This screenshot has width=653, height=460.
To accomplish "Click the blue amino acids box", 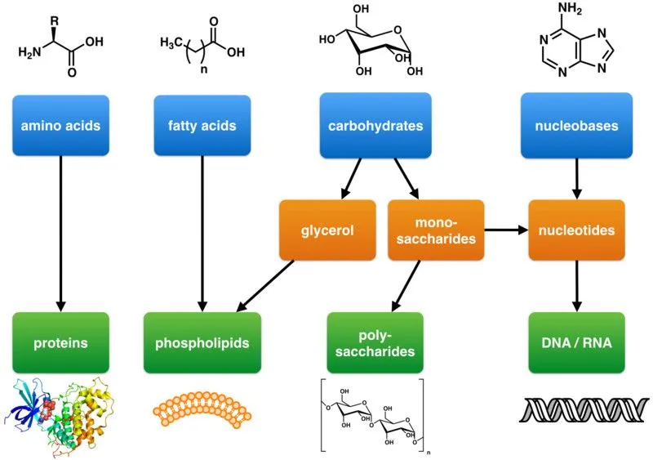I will (x=61, y=126).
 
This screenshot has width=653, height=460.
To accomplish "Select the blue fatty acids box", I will (x=202, y=126).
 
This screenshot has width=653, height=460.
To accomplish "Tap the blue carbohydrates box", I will (x=375, y=126).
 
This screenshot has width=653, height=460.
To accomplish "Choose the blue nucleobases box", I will (x=577, y=126).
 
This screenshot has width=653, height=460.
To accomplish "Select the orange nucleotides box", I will (x=577, y=230).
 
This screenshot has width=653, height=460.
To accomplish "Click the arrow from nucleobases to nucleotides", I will (x=577, y=178).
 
